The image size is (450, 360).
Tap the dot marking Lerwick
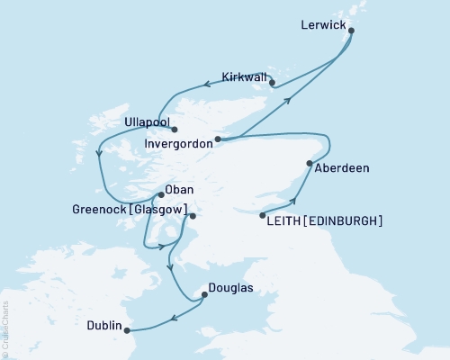(x=350, y=31)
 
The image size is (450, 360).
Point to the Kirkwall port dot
(x=273, y=86)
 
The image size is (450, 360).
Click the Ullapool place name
(x=148, y=120)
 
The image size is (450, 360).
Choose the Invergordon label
(x=179, y=142)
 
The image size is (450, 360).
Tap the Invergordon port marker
(x=219, y=139)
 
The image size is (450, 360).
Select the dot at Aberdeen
(x=310, y=164)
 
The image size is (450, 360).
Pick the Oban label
(x=180, y=191)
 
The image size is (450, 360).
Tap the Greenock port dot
(x=192, y=215)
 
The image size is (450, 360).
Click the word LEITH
(x=288, y=220)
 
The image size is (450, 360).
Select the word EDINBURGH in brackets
(x=346, y=220)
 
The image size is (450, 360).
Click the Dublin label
(x=104, y=326)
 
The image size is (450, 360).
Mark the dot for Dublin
(x=128, y=329)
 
